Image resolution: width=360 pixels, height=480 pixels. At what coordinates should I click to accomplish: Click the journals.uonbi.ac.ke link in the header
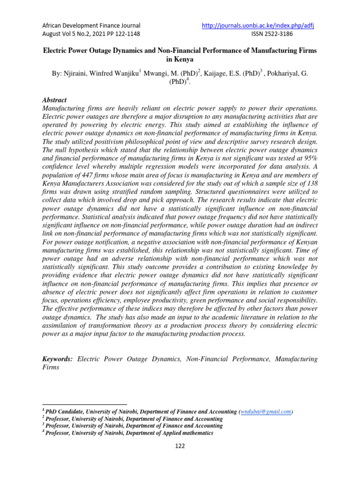pos(258,25)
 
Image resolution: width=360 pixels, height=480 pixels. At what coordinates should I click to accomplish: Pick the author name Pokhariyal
pos(283,75)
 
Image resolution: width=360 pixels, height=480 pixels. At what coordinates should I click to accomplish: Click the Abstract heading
pos(54,100)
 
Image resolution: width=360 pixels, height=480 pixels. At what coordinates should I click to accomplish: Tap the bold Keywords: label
pos(58,359)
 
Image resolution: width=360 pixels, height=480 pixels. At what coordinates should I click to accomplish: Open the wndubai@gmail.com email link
pos(266,412)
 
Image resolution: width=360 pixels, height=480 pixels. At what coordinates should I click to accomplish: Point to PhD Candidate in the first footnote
pos(64,412)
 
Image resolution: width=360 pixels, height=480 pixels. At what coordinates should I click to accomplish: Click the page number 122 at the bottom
pos(180,446)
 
